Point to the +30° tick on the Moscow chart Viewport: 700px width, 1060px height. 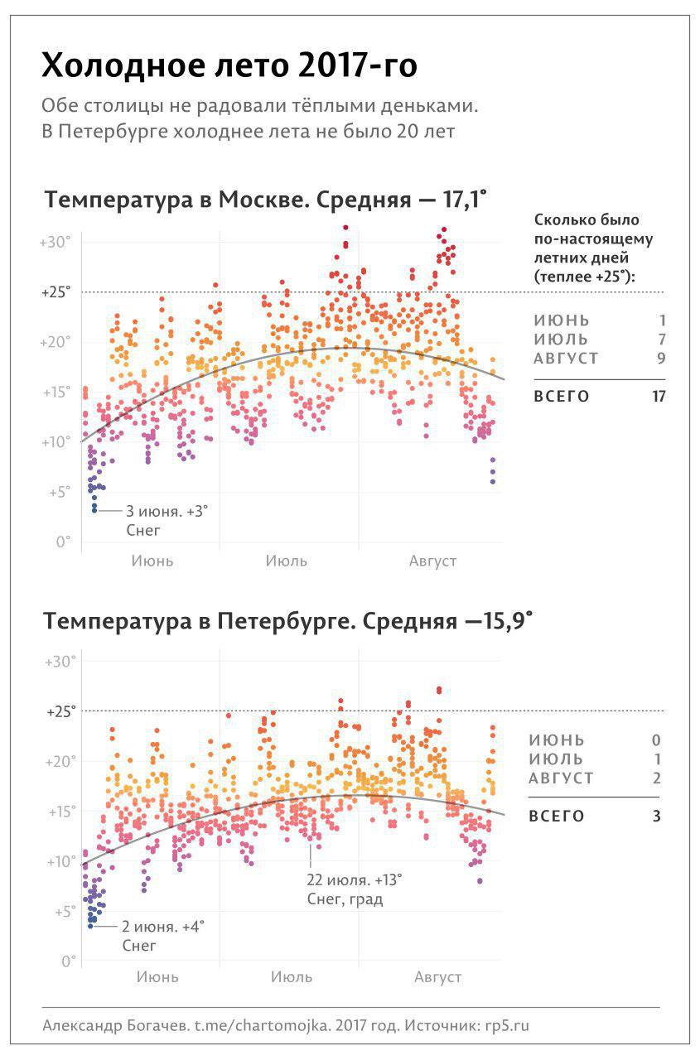[x=56, y=243]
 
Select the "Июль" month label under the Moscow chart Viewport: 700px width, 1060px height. [x=287, y=561]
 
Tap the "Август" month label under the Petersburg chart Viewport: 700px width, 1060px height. [x=437, y=977]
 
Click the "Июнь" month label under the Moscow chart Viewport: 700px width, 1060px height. [x=152, y=561]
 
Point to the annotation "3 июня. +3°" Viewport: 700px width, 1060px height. [x=167, y=512]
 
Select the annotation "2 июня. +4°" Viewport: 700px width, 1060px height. [x=162, y=926]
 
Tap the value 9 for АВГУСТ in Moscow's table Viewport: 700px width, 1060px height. [x=660, y=359]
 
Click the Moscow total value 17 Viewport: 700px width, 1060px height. [x=659, y=397]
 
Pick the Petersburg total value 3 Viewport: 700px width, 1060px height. [x=656, y=817]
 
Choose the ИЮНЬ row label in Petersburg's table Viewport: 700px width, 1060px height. [x=557, y=740]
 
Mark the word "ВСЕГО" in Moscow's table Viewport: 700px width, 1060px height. [x=562, y=397]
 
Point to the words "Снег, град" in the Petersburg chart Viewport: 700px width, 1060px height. [x=345, y=899]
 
